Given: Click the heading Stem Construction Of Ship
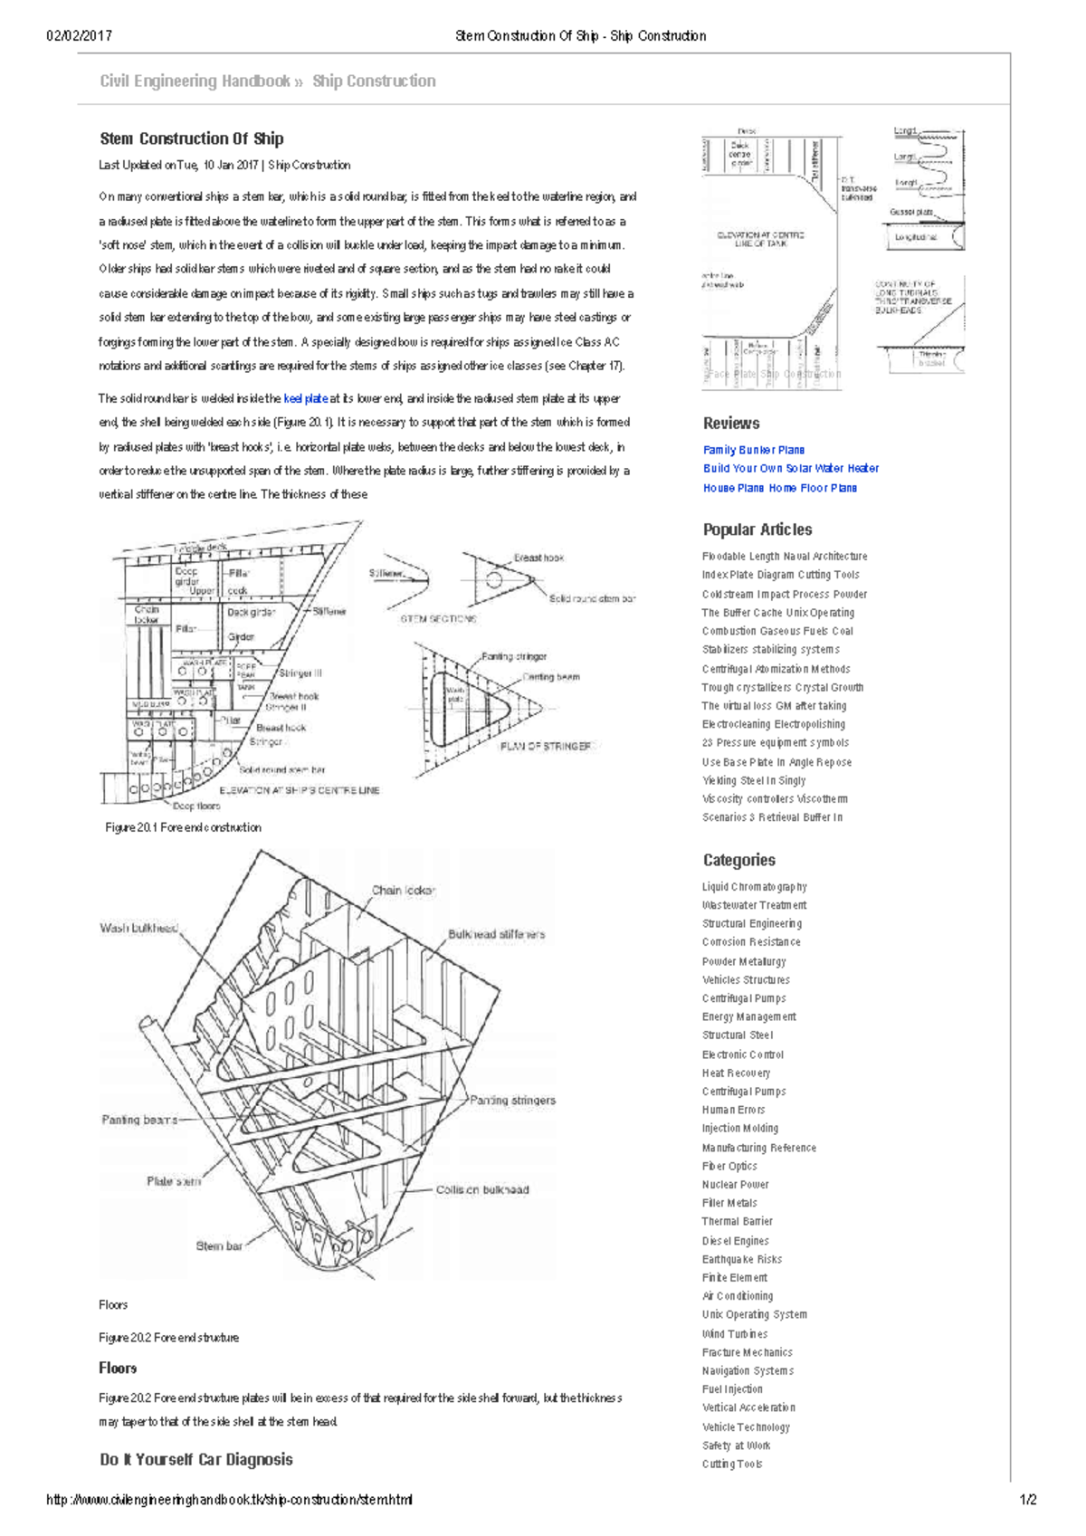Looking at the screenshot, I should [x=191, y=138].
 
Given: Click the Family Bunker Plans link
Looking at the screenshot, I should [x=753, y=450].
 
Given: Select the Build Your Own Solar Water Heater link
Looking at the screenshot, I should [x=790, y=468].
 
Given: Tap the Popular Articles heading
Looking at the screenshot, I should [x=757, y=529].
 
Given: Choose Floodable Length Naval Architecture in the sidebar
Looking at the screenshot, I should [x=784, y=557].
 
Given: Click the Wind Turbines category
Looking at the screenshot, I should [x=734, y=1334].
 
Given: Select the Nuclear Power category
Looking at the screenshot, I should [x=735, y=1185].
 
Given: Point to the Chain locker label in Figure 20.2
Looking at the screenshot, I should [x=403, y=891].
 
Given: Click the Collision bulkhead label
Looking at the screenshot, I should [x=481, y=1190].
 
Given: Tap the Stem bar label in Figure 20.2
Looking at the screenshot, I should [x=219, y=1246].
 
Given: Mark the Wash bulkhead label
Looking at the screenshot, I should [x=138, y=928].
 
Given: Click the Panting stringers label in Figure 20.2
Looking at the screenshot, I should [x=512, y=1101].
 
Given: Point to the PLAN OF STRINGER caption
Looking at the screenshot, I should [x=546, y=747].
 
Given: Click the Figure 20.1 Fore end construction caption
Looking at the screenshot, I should [x=183, y=827].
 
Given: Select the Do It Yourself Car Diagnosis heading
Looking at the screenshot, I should [x=195, y=1459].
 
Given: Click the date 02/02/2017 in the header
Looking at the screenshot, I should [x=79, y=36].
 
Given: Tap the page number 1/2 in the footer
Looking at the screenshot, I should [x=1028, y=1500].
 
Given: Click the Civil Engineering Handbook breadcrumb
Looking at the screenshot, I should [x=195, y=81].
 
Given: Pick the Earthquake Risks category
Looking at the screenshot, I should [x=741, y=1259].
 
